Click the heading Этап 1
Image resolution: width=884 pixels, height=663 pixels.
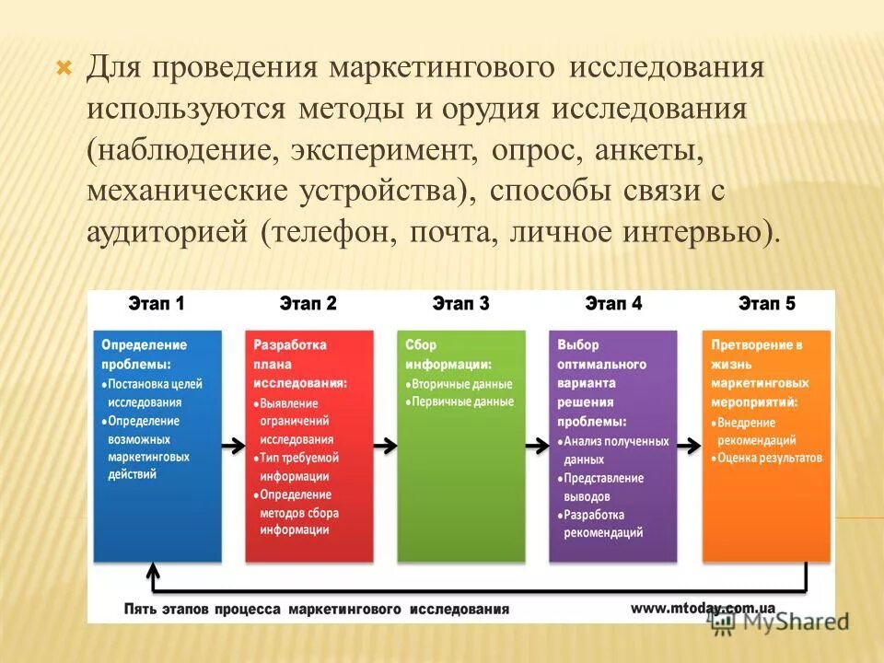click(x=156, y=304)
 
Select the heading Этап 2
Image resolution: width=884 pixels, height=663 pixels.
click(x=308, y=304)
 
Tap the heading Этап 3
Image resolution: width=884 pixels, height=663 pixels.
click(x=460, y=304)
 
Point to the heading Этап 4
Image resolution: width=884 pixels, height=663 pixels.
click(x=613, y=304)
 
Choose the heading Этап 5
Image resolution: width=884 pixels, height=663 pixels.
click(x=766, y=304)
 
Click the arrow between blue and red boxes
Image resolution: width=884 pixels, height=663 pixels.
click(x=233, y=445)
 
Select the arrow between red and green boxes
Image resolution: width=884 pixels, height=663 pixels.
click(x=386, y=445)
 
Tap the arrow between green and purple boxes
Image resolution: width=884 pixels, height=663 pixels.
click(x=538, y=445)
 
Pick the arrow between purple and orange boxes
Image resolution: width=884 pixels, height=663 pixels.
click(x=690, y=445)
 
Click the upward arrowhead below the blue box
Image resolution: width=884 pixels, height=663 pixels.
click(x=154, y=571)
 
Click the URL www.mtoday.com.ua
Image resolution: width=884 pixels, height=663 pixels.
click(x=704, y=608)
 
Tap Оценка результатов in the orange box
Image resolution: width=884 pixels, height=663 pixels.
click(x=770, y=458)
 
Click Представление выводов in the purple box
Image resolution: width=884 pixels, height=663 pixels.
click(x=604, y=487)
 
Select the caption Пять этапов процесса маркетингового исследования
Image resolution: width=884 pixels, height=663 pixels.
click(x=316, y=609)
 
